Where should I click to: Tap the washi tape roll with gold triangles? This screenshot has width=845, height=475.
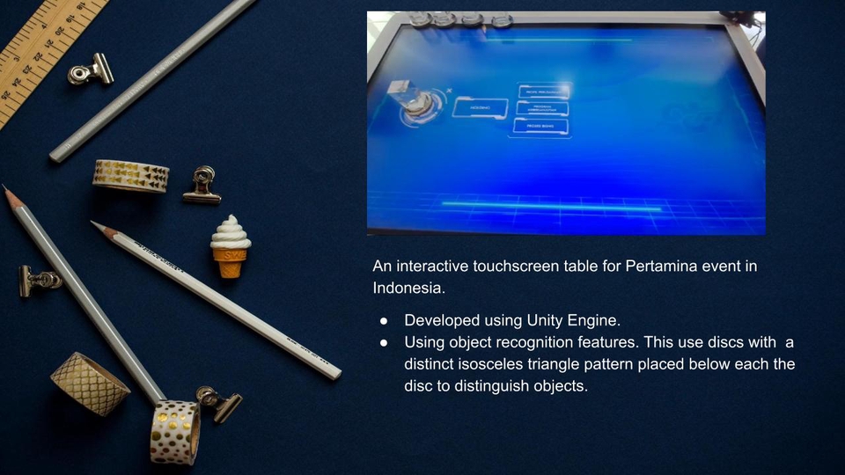point(130,176)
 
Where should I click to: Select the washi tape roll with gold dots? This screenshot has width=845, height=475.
point(174,431)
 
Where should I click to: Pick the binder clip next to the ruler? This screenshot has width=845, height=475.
point(91,70)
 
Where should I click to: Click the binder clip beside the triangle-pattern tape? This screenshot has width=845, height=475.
point(202,186)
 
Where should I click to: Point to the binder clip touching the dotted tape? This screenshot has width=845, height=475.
point(217,402)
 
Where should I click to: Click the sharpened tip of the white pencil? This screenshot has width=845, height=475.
point(95,224)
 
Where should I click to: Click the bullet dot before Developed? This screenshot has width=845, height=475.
point(384,320)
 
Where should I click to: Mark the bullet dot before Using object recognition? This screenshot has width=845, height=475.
point(384,342)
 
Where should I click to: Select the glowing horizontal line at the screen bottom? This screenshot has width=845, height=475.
point(550,206)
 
